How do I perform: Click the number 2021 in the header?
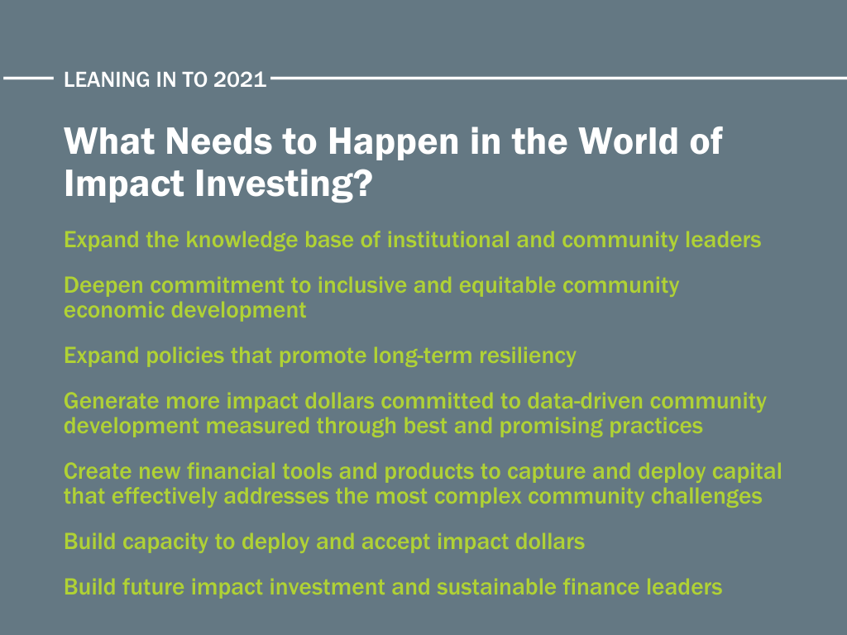pos(240,79)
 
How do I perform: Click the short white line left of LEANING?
pos(28,79)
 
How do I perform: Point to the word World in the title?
pos(629,141)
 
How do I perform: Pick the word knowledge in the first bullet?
pos(242,241)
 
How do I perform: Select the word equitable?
pos(507,285)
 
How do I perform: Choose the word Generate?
pos(112,401)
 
